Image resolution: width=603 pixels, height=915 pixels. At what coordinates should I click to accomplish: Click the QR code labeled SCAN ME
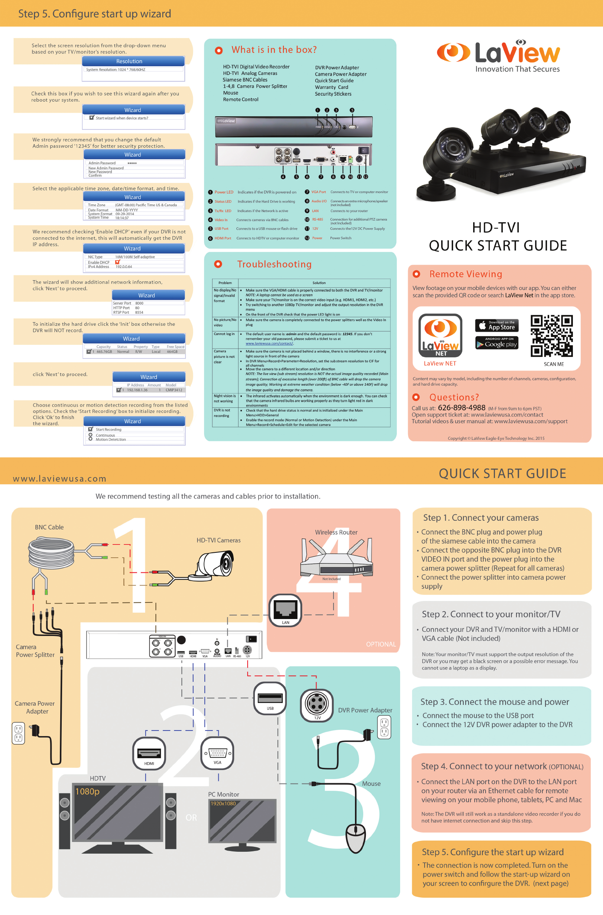[x=551, y=336]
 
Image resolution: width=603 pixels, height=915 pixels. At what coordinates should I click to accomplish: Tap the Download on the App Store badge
[x=496, y=325]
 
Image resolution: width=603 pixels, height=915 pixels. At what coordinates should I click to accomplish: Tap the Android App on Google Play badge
[x=496, y=343]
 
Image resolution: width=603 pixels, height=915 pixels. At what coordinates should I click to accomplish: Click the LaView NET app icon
[x=440, y=335]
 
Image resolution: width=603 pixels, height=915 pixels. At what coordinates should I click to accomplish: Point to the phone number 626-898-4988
[x=461, y=408]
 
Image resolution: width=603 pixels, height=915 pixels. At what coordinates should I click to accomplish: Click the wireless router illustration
[x=336, y=556]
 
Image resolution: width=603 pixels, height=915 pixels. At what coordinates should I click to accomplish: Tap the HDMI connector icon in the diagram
[x=149, y=753]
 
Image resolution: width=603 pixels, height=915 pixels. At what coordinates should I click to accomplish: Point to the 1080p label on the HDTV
[x=87, y=791]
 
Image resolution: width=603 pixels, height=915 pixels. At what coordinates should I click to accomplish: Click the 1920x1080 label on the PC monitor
[x=223, y=804]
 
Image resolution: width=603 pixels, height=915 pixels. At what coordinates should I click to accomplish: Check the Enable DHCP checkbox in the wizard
[x=118, y=262]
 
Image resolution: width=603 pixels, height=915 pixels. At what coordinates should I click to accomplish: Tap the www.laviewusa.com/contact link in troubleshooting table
[x=269, y=343]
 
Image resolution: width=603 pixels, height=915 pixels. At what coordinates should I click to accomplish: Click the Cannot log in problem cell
[x=224, y=334]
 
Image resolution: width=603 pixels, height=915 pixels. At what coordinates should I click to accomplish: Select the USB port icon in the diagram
[x=270, y=698]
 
